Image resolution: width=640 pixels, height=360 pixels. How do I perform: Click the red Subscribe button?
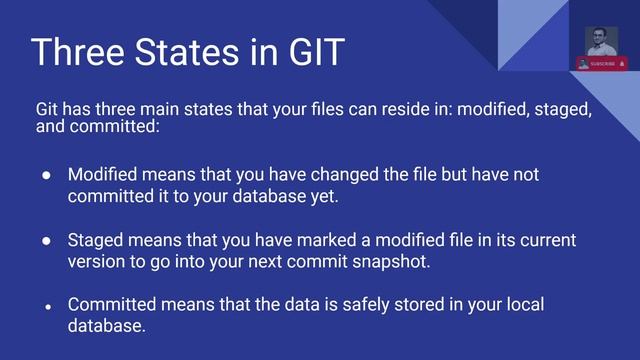click(x=602, y=63)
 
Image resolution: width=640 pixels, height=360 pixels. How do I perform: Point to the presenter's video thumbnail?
click(x=601, y=41)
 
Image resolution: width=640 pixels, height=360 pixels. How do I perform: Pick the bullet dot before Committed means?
click(x=47, y=306)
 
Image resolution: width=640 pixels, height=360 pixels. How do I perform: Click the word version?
click(x=96, y=262)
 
